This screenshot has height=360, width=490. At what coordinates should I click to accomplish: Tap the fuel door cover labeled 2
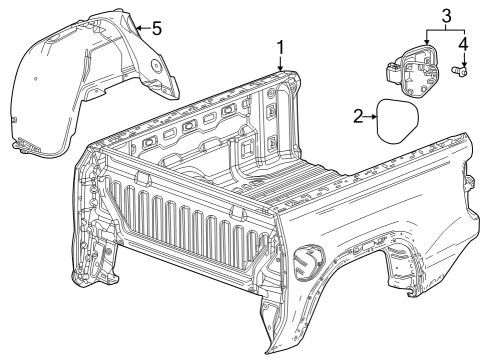(x=397, y=122)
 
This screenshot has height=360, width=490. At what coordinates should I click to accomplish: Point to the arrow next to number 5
(x=139, y=28)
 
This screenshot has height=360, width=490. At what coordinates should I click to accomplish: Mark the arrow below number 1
(x=281, y=66)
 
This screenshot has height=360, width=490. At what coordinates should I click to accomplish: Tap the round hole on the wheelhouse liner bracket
(x=156, y=64)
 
